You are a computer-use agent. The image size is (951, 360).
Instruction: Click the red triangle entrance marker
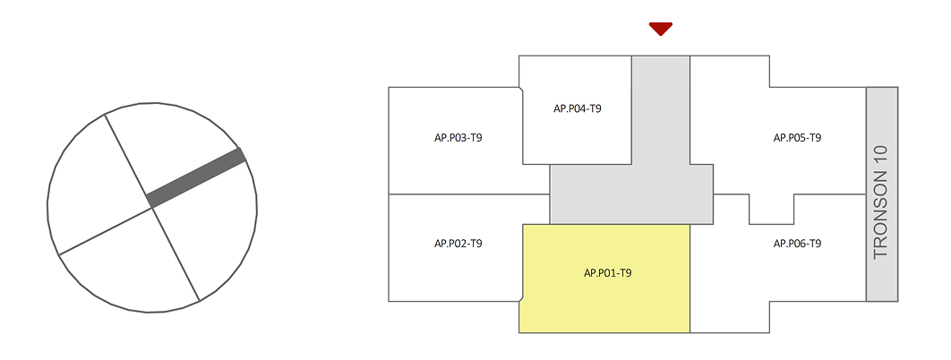pos(661,29)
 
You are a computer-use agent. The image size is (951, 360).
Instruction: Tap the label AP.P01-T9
pos(608,272)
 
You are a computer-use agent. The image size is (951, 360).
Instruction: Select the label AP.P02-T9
pos(458,244)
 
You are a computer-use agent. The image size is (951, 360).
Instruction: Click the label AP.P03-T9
pos(458,138)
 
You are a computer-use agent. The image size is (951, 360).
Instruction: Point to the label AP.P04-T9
pos(577,108)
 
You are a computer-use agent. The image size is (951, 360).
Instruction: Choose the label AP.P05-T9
pos(797,138)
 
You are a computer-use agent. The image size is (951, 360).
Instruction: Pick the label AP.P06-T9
pos(797,244)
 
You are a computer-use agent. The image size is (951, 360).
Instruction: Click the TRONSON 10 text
pos(881,202)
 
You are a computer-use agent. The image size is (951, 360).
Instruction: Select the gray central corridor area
pos(631,193)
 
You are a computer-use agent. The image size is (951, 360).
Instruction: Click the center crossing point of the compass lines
pos(151,208)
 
